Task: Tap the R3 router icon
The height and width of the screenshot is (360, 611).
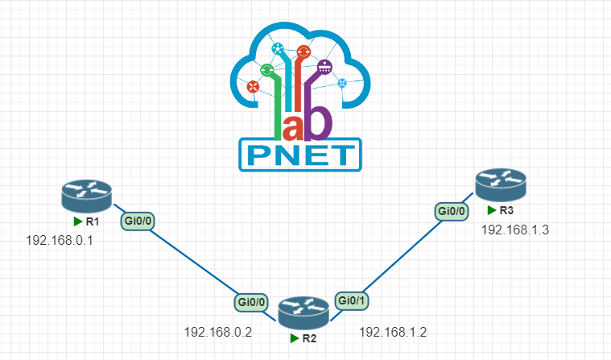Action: click(499, 185)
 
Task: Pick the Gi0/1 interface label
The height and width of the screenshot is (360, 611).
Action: click(351, 299)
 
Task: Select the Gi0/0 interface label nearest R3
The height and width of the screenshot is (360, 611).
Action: click(451, 211)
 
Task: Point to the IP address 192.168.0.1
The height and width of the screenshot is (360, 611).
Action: click(60, 240)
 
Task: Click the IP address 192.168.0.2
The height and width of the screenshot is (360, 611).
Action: click(218, 331)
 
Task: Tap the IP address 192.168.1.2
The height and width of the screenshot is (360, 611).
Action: click(393, 331)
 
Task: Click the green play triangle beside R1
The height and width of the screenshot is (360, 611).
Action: click(78, 221)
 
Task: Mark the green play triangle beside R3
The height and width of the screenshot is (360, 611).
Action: click(491, 210)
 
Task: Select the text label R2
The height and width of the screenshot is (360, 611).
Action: click(309, 338)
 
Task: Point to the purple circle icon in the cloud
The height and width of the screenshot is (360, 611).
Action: click(324, 68)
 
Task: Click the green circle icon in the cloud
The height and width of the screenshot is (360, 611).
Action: click(267, 71)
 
